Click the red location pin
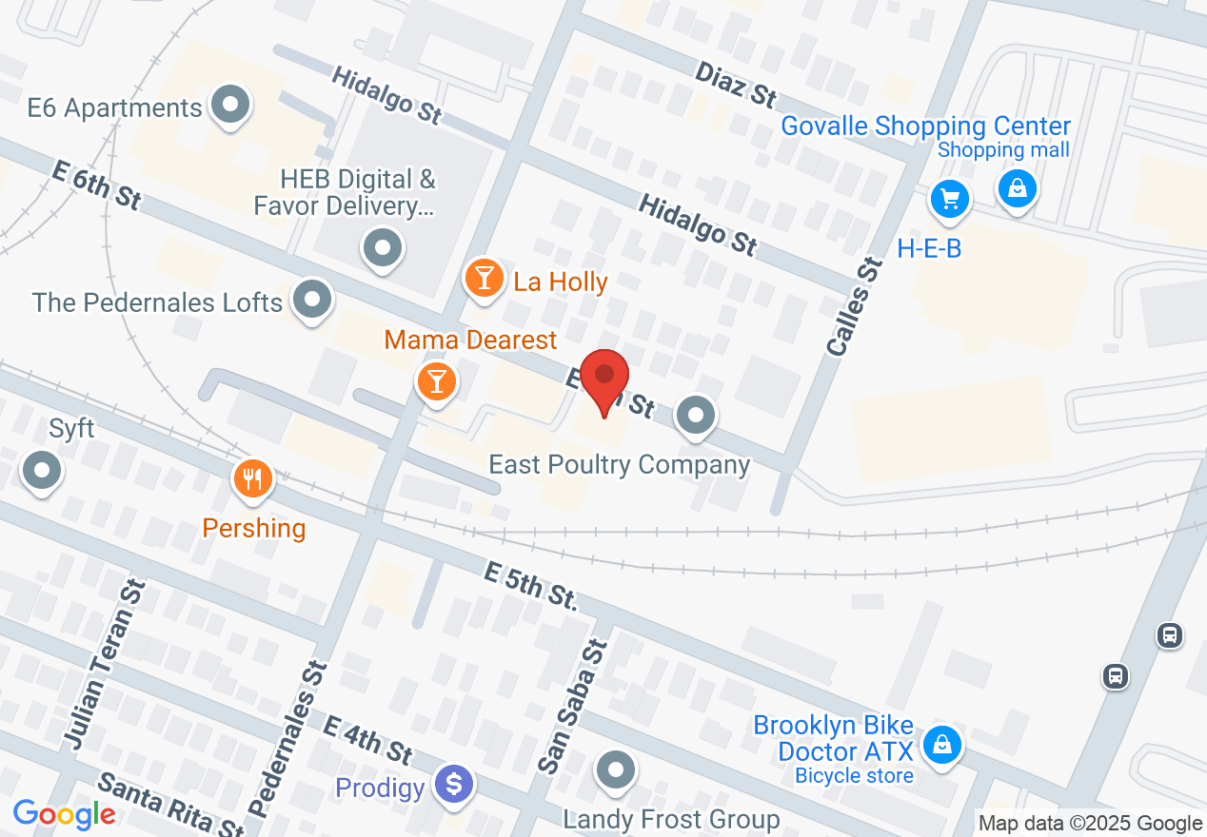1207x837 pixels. pos(604,377)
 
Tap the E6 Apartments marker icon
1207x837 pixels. pos(229,106)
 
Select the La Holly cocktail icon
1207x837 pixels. pos(485,279)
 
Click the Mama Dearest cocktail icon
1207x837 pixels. pos(437,381)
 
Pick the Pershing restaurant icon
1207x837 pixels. pos(252,478)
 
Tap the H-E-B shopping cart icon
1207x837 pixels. pos(949,199)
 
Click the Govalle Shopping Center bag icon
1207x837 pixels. pos(1018,188)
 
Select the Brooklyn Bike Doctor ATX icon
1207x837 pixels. pos(941,745)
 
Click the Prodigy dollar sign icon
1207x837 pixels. pos(454,786)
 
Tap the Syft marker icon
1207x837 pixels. pos(42,470)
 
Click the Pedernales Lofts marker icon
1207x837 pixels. pos(311,300)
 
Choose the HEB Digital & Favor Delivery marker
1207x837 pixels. pos(383,248)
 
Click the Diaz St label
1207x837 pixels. pos(736,84)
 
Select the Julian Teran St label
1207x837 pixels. pos(102,663)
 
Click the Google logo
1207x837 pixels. pos(65,814)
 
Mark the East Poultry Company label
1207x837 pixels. pos(619,464)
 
